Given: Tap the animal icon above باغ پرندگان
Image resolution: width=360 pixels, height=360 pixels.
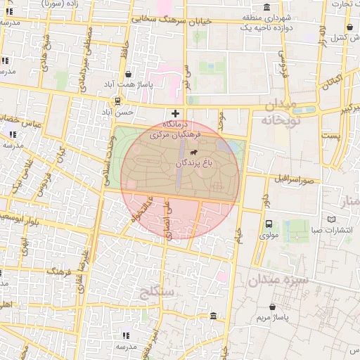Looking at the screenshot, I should coord(193,150).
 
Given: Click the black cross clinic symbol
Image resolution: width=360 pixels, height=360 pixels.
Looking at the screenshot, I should coord(175,113).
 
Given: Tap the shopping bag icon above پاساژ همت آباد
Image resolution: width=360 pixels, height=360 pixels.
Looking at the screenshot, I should coord(127,74).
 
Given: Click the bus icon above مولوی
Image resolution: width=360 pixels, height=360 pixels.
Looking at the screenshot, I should coord(269,224).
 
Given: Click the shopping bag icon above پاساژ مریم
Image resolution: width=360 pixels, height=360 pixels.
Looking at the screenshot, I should coord(273,307).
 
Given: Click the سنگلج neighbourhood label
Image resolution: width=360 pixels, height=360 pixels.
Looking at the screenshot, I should coord(156,290).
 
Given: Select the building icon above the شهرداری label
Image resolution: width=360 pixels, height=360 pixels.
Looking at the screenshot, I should coord(266,8).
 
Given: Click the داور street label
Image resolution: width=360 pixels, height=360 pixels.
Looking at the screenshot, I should coord(265,192).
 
